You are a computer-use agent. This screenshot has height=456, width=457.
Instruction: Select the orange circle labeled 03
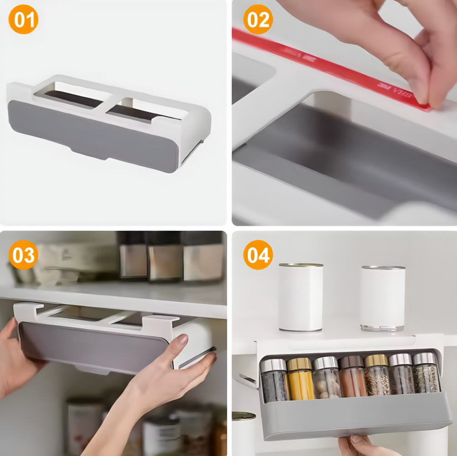(23, 255)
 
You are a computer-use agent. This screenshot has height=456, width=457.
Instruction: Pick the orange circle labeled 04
(258, 255)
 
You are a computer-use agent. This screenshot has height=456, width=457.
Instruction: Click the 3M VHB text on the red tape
(395, 91)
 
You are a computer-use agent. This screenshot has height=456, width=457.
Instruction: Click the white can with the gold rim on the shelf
(301, 296)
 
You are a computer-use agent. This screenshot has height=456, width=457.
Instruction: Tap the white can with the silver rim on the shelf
(383, 298)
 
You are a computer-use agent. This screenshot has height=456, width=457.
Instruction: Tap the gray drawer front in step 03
(91, 345)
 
